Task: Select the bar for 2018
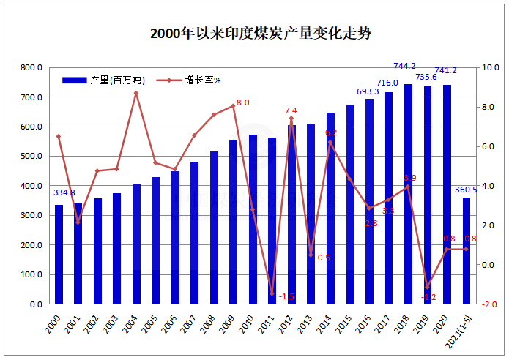click(408, 194)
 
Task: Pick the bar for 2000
click(59, 255)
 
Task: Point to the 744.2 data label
click(404, 66)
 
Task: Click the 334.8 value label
click(65, 192)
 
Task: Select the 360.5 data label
click(466, 189)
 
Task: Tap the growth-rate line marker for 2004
click(136, 93)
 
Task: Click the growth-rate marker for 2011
click(272, 293)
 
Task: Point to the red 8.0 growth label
click(242, 103)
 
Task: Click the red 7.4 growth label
click(291, 110)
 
